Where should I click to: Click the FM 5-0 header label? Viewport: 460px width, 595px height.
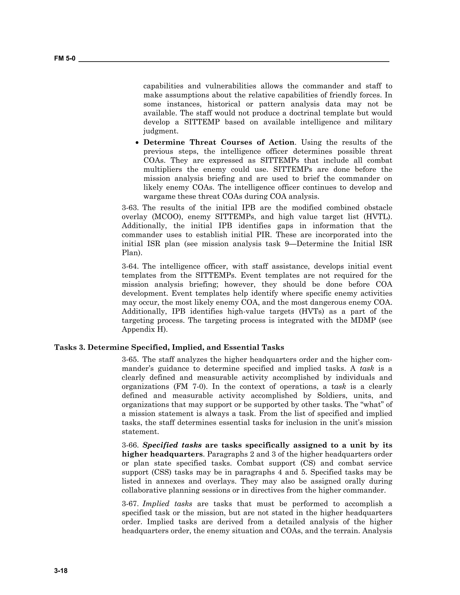(65, 58)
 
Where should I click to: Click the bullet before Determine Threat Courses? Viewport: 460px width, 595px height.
(138, 143)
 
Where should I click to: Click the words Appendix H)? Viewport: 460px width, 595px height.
(145, 329)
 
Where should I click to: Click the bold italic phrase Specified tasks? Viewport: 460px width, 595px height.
(172, 445)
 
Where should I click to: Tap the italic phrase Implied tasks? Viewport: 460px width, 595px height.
(167, 504)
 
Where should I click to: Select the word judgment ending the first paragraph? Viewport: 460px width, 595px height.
(161, 131)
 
